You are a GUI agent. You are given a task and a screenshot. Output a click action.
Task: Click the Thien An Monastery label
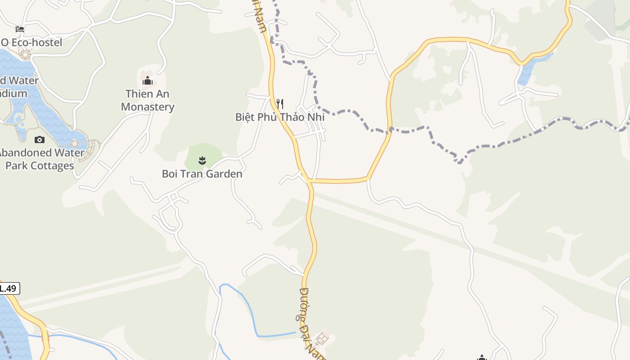point(148,100)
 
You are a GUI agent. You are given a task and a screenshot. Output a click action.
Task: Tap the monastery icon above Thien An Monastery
point(148,81)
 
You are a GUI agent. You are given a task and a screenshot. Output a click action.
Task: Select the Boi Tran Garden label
point(202,174)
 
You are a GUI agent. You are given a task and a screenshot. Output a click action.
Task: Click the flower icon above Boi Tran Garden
point(202,160)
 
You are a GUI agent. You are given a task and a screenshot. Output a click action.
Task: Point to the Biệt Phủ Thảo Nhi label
point(280,117)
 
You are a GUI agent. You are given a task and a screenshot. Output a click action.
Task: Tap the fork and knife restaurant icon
point(280,104)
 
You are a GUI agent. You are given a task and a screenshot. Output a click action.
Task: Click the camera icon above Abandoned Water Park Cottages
point(40,139)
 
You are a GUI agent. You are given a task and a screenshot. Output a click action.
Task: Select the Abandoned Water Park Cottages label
point(40,159)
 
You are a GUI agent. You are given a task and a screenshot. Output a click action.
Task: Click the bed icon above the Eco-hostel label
point(20,29)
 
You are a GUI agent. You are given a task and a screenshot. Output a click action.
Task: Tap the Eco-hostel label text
point(31,43)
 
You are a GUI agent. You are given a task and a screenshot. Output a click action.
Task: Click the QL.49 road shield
point(9,288)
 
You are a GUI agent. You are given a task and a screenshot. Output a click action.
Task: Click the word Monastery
point(148,107)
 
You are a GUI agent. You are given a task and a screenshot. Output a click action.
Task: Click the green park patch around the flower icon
point(211,153)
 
